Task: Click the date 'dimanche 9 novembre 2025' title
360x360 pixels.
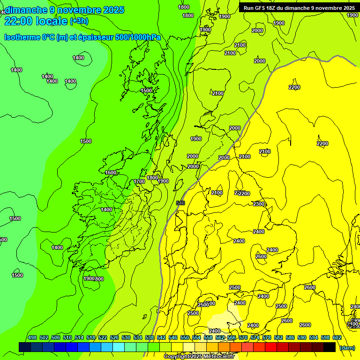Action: pos(65,10)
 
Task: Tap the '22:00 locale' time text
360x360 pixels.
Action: pos(36,21)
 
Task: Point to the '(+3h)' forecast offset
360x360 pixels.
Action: pos(79,21)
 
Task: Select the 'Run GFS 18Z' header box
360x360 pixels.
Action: pos(299,8)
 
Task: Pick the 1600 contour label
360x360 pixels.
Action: pos(111,172)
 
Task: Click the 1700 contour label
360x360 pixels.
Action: pos(139,181)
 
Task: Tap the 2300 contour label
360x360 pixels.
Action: pos(259,204)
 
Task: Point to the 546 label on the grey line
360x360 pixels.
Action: pos(180,202)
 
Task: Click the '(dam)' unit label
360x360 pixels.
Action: pos(347,348)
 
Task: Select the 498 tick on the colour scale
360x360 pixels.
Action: pos(32,338)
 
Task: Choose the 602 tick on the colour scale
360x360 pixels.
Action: pos(337,338)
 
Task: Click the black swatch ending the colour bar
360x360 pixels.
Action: pos(330,347)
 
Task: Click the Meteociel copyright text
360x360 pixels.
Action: pos(199,357)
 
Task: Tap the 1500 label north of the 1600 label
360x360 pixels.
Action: pos(146,90)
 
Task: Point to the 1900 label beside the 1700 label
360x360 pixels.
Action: pos(163,181)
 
